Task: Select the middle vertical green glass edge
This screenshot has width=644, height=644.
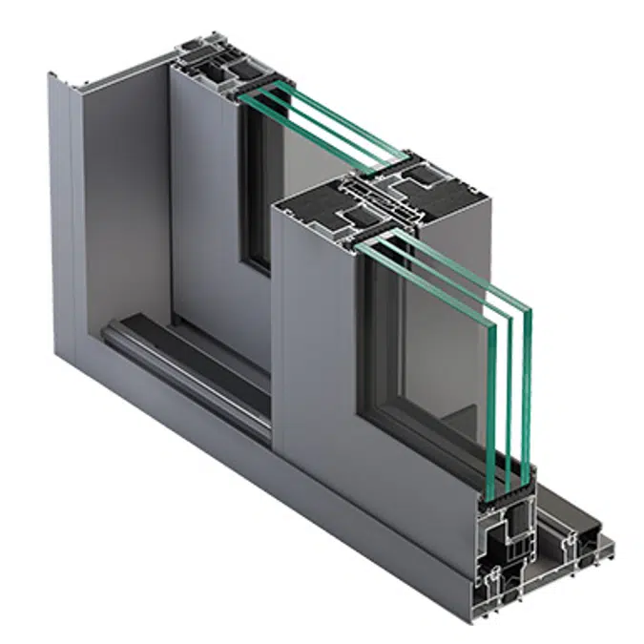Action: pos(510,386)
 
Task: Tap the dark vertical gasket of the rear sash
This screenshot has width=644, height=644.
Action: pos(253,191)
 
